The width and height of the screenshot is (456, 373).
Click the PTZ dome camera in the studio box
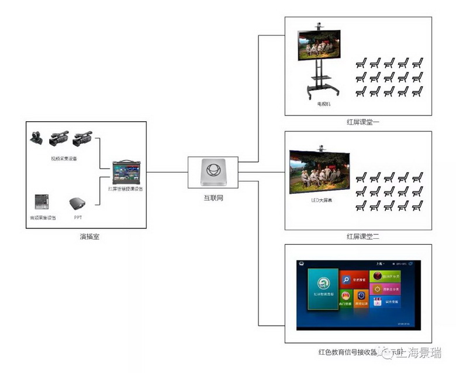click(36, 138)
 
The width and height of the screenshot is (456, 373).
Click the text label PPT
click(78, 218)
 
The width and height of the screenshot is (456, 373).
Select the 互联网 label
click(213, 198)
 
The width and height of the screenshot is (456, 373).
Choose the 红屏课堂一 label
click(362, 123)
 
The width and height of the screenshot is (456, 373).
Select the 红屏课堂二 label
click(362, 237)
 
